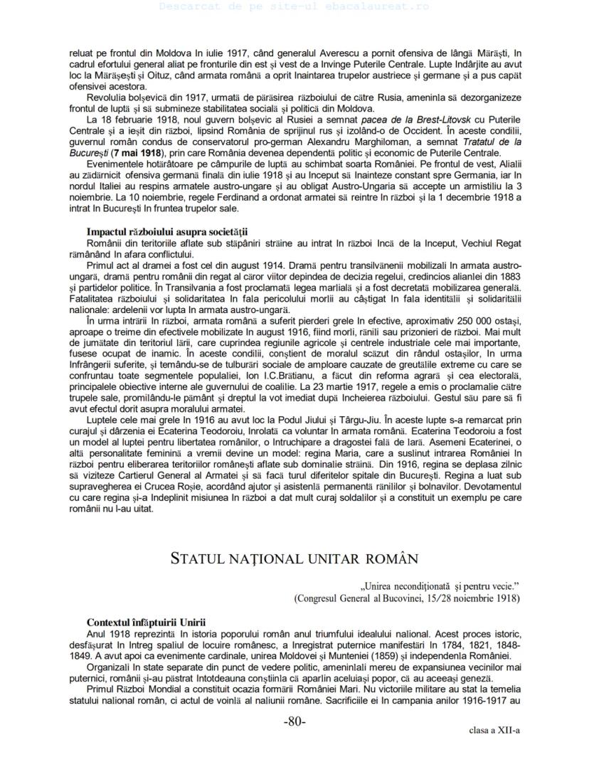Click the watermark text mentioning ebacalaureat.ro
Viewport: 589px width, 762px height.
pyautogui.click(x=294, y=6)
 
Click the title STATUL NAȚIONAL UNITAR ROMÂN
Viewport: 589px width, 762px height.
pyautogui.click(x=294, y=558)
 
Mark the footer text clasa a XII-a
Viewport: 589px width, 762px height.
pyautogui.click(x=494, y=731)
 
